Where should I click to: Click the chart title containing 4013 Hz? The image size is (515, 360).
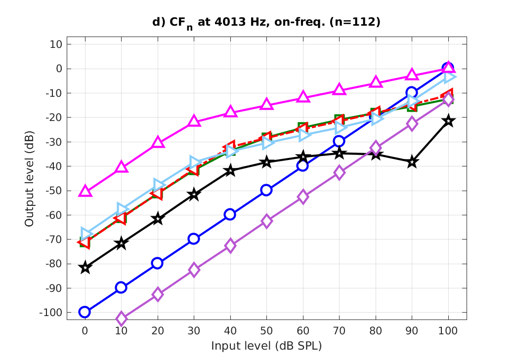click(266, 23)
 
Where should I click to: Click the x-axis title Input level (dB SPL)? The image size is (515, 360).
click(266, 346)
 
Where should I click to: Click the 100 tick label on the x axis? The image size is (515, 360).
click(448, 330)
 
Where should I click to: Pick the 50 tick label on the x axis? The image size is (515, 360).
click(266, 330)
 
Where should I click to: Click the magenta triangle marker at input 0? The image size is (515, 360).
click(85, 191)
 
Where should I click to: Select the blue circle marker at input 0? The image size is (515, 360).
click(85, 312)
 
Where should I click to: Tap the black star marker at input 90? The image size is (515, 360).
click(412, 162)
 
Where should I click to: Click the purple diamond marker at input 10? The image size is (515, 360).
click(121, 319)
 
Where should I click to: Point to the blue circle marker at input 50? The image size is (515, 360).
click(266, 190)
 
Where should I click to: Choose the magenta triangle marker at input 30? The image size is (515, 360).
click(194, 121)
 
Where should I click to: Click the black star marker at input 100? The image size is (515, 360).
click(448, 121)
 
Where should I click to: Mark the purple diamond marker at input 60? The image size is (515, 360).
click(303, 197)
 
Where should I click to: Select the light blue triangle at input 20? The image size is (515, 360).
click(158, 185)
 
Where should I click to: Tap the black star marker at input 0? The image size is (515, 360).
click(85, 268)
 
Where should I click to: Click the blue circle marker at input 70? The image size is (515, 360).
click(339, 141)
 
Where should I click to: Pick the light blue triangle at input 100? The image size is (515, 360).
click(449, 76)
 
